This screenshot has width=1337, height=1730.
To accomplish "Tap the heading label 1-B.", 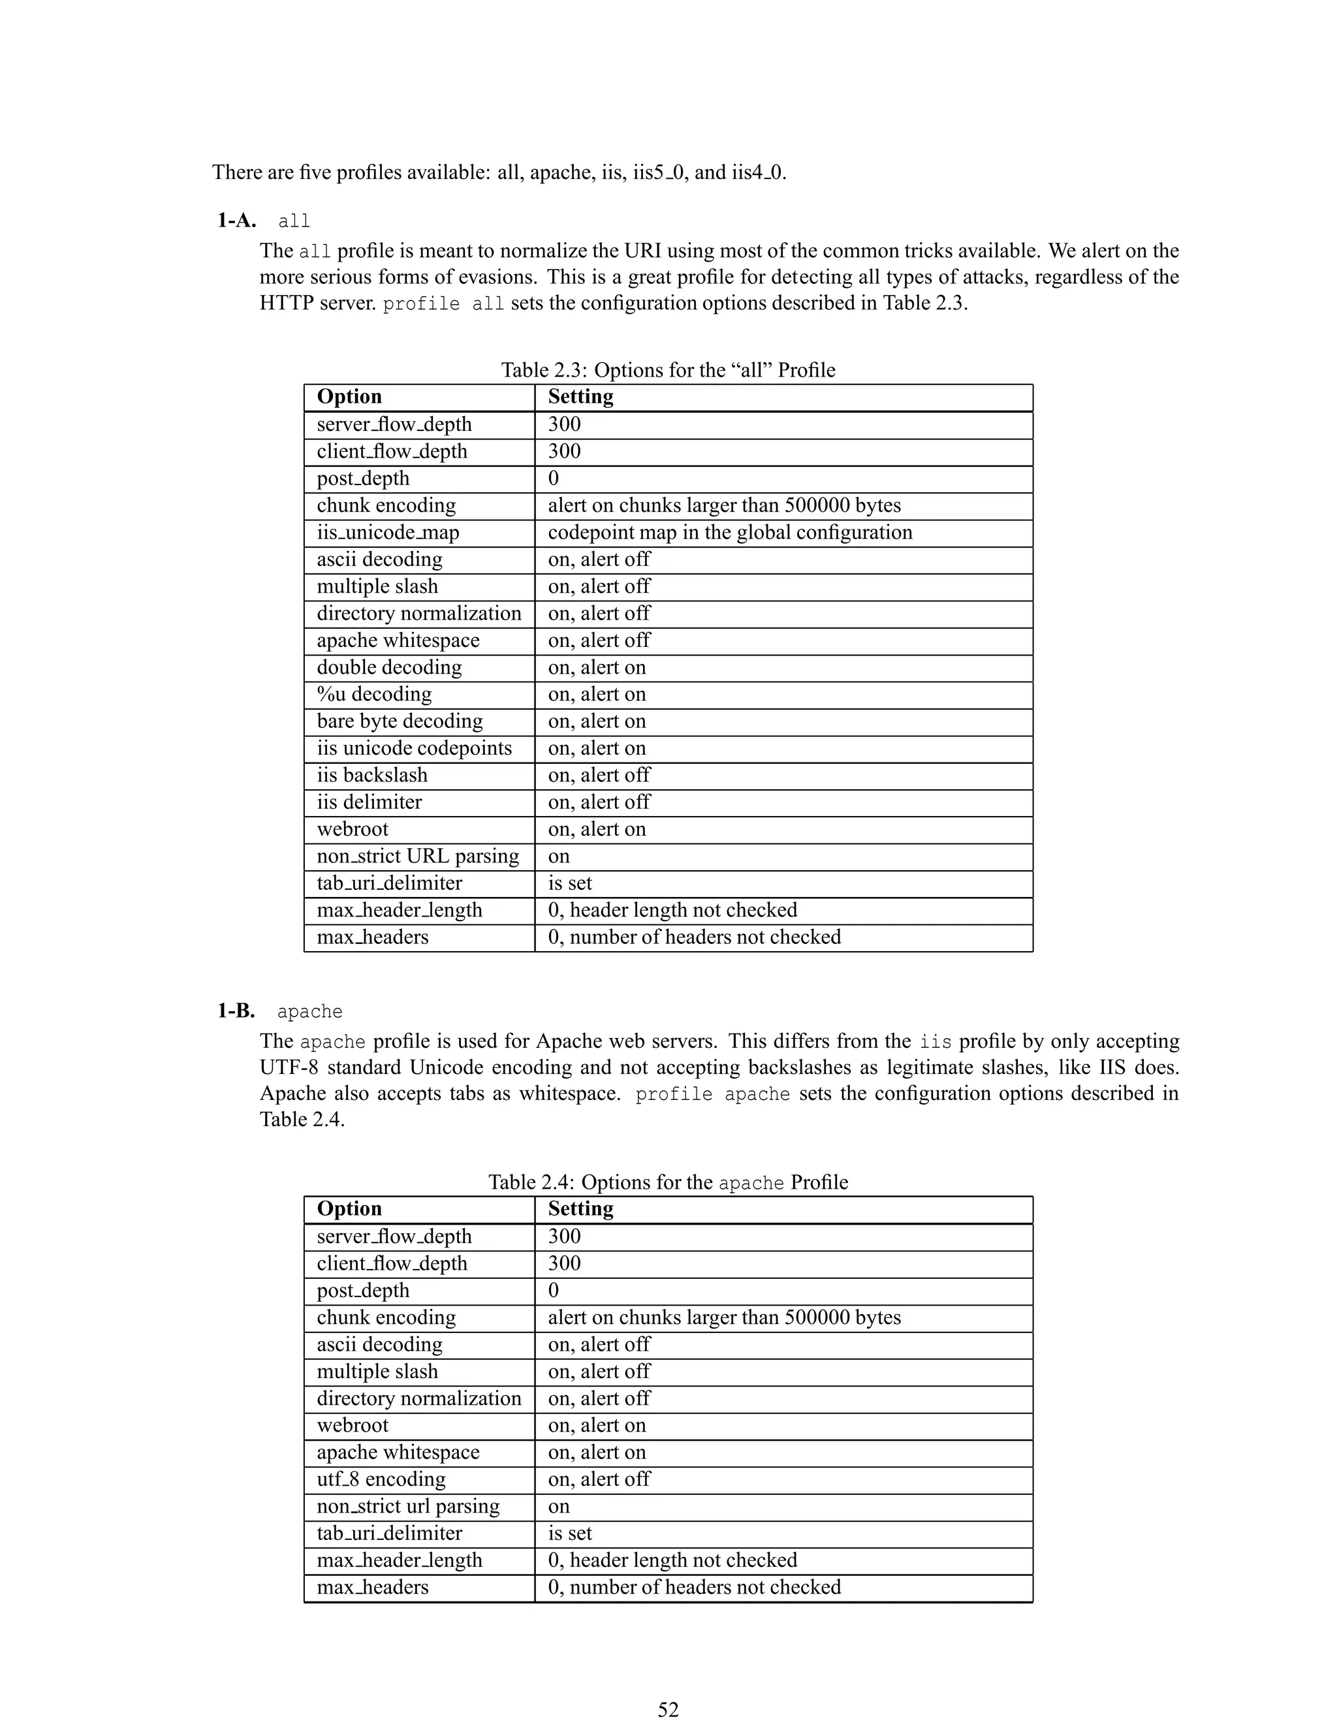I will pos(236,1011).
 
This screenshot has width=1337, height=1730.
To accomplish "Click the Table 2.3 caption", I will pos(668,370).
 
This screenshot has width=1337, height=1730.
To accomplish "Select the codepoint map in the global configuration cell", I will pos(729,532).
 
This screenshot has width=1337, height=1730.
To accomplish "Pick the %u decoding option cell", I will pos(374,694).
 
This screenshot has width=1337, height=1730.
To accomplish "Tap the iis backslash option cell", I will pos(371,775).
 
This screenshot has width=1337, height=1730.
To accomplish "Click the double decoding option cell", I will pos(389,667).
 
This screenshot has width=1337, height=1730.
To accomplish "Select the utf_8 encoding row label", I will pos(381,1479).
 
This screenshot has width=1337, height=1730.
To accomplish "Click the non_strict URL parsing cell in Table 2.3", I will pos(417,857).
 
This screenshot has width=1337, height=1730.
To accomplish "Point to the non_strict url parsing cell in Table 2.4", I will pos(408,1506).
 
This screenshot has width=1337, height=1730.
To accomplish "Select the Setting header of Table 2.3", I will pos(580,396).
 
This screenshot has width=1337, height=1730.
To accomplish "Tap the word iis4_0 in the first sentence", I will pos(758,172).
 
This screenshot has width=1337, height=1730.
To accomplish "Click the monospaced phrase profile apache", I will pos(712,1094).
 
